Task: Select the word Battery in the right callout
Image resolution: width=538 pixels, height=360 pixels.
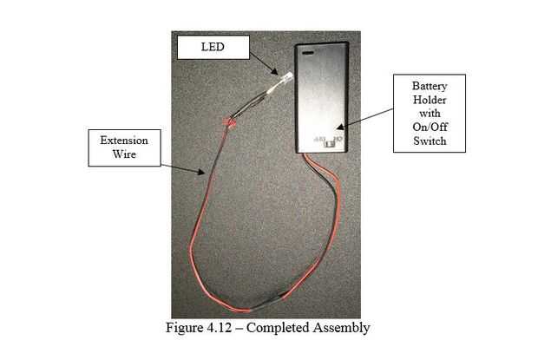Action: (x=429, y=88)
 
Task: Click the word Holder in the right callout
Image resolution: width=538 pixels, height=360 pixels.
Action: (x=429, y=101)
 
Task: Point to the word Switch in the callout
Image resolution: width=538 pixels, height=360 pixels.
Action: (x=429, y=141)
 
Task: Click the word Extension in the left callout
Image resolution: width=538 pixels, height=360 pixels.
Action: (x=123, y=141)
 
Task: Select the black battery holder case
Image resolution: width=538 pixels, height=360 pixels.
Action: (x=323, y=95)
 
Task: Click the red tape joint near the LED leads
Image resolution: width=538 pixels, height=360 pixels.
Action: (x=231, y=121)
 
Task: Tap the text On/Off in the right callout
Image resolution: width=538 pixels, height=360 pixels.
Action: (x=429, y=128)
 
